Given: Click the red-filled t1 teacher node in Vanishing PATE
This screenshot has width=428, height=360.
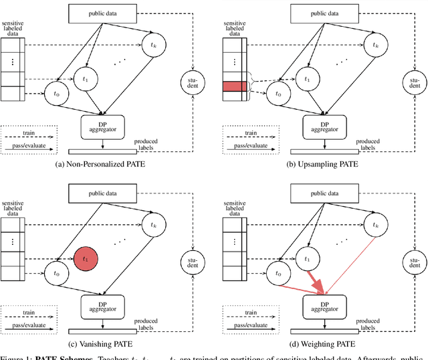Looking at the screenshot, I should pyautogui.click(x=86, y=258).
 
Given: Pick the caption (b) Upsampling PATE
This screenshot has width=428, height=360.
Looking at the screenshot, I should pyautogui.click(x=322, y=163).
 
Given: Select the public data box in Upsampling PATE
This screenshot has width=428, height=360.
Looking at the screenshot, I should pyautogui.click(x=322, y=12).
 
